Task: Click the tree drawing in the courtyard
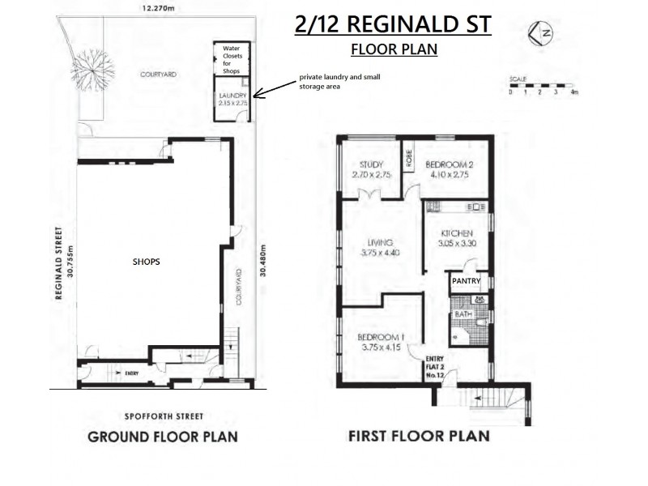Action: [x=89, y=60]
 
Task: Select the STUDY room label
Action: [x=368, y=169]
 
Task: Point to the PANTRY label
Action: [x=467, y=282]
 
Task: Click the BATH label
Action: [x=462, y=314]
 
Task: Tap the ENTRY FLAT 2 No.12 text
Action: [x=435, y=369]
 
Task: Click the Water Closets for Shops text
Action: [x=232, y=59]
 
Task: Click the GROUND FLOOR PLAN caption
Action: [x=162, y=437]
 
